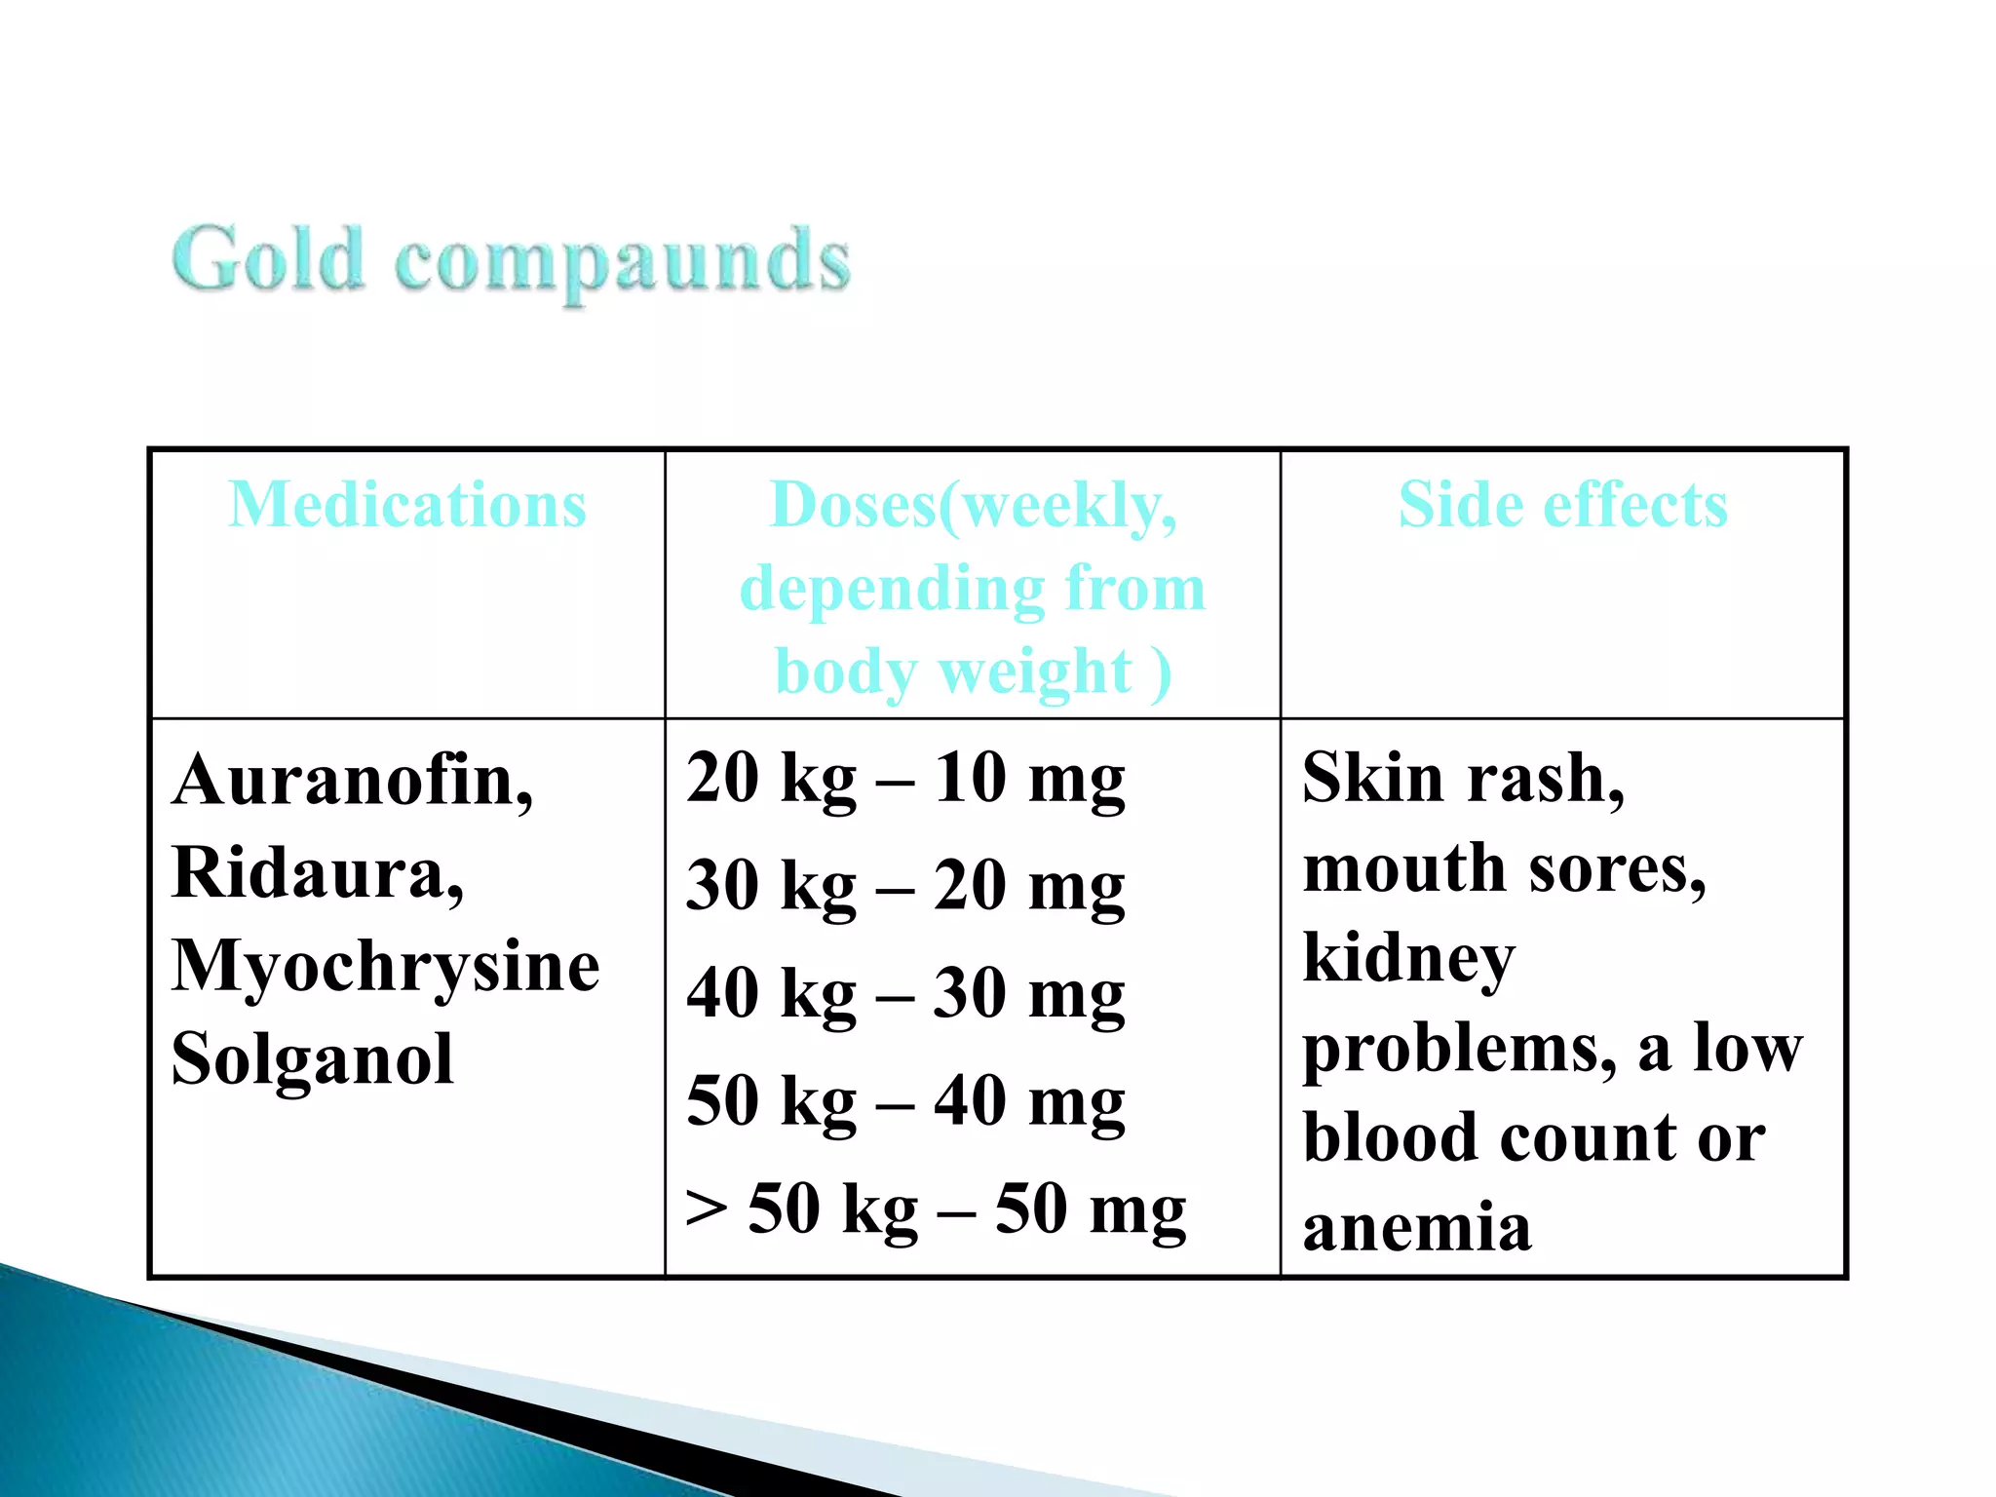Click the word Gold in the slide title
[x=268, y=258]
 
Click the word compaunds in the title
[x=623, y=261]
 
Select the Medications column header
[x=407, y=505]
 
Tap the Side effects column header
[x=1563, y=505]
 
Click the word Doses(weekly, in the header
[x=973, y=507]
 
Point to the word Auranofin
[x=352, y=781]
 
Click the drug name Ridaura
[x=317, y=872]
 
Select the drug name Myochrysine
[x=385, y=966]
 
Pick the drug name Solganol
[x=312, y=1058]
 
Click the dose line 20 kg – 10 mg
[x=905, y=780]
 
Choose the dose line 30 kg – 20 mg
[x=905, y=887]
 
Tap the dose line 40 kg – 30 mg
[x=905, y=994]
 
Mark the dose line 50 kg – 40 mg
[x=905, y=1101]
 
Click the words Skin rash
[x=1462, y=779]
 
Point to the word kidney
[x=1408, y=959]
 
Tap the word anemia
[x=1416, y=1228]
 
